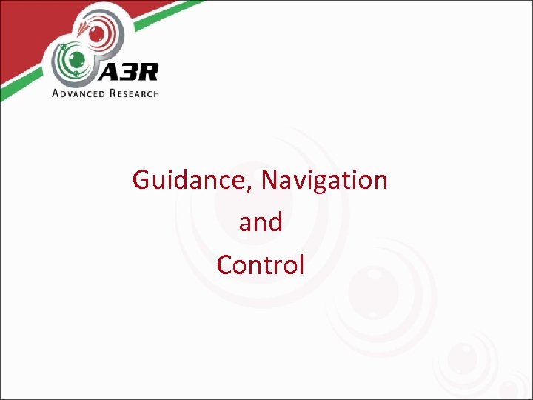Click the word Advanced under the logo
click(78, 93)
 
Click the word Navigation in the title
click(325, 180)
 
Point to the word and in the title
click(261, 222)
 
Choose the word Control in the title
click(261, 264)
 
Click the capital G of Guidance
click(141, 180)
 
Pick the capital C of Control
click(224, 264)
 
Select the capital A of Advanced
click(56, 93)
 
